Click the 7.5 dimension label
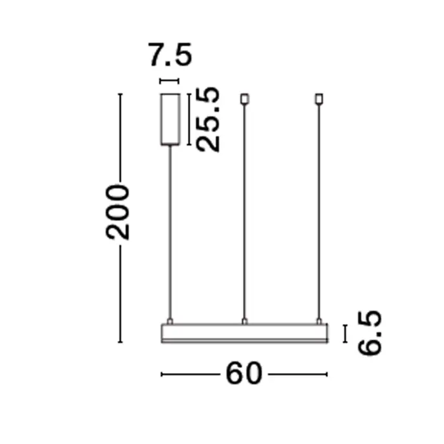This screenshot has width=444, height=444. point(170,55)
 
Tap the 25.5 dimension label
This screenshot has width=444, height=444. point(208,120)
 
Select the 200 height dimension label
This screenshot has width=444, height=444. point(117,212)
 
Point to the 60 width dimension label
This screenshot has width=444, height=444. point(244,373)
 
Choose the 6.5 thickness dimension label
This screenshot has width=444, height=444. point(370,333)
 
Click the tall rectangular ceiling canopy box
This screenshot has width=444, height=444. point(170,119)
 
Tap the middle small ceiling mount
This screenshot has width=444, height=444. point(245,99)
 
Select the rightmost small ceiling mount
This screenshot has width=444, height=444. point(319,99)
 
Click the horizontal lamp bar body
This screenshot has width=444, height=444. point(245,333)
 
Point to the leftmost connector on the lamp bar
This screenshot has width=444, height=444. point(170,321)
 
